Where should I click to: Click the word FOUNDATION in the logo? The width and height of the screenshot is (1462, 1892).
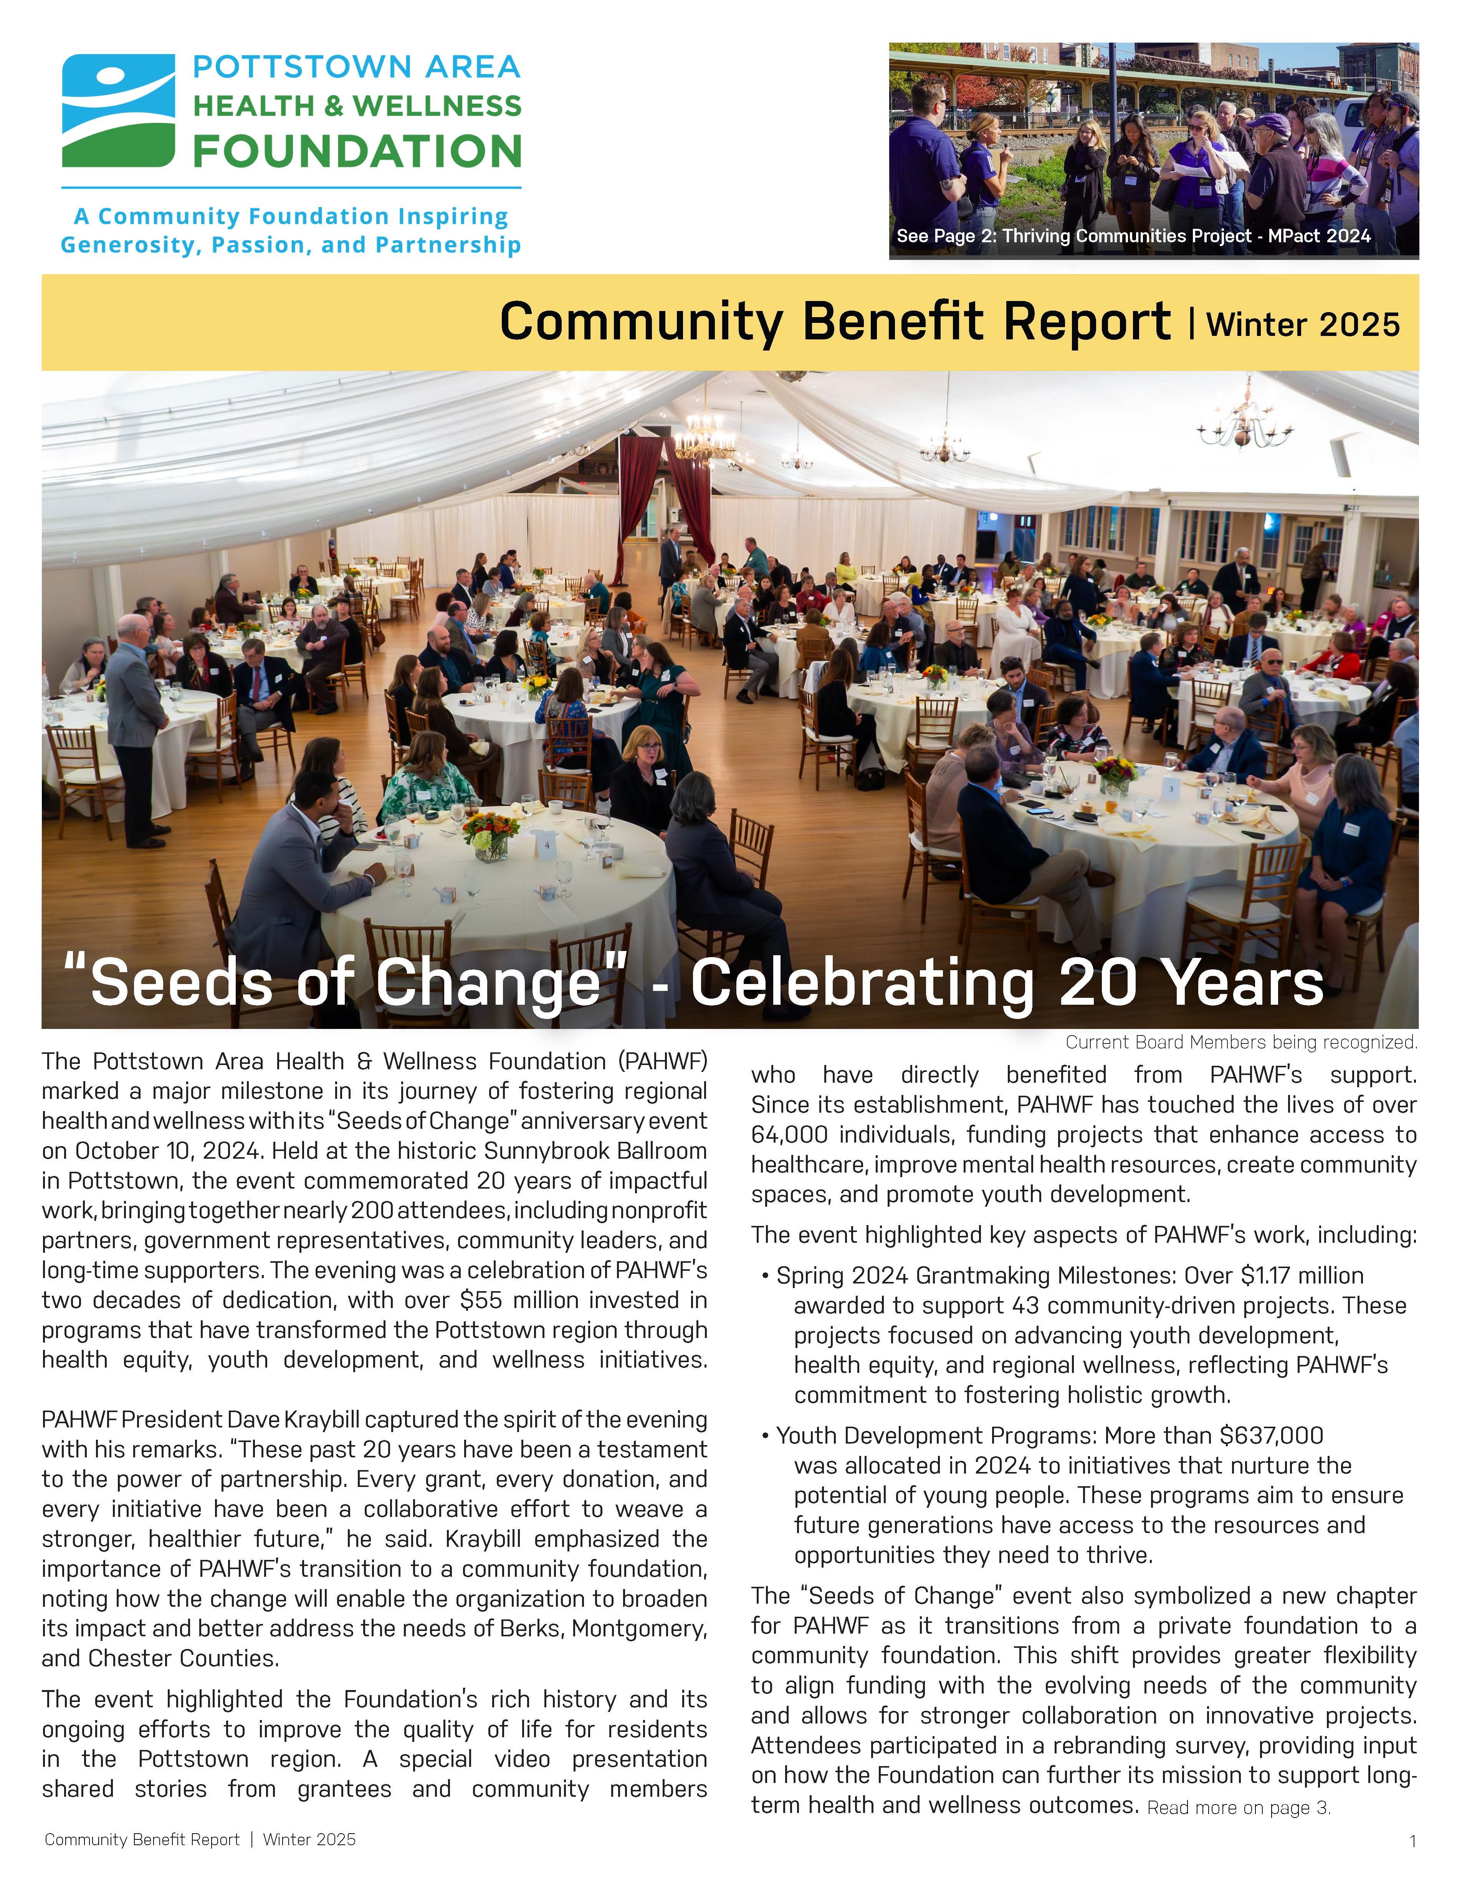(357, 152)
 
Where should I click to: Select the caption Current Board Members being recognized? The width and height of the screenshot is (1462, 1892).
(1241, 1042)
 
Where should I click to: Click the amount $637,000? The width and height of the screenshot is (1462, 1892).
(1270, 1436)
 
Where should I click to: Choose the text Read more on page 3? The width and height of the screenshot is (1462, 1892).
(1239, 1808)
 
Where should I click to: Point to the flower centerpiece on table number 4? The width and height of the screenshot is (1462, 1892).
(490, 836)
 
